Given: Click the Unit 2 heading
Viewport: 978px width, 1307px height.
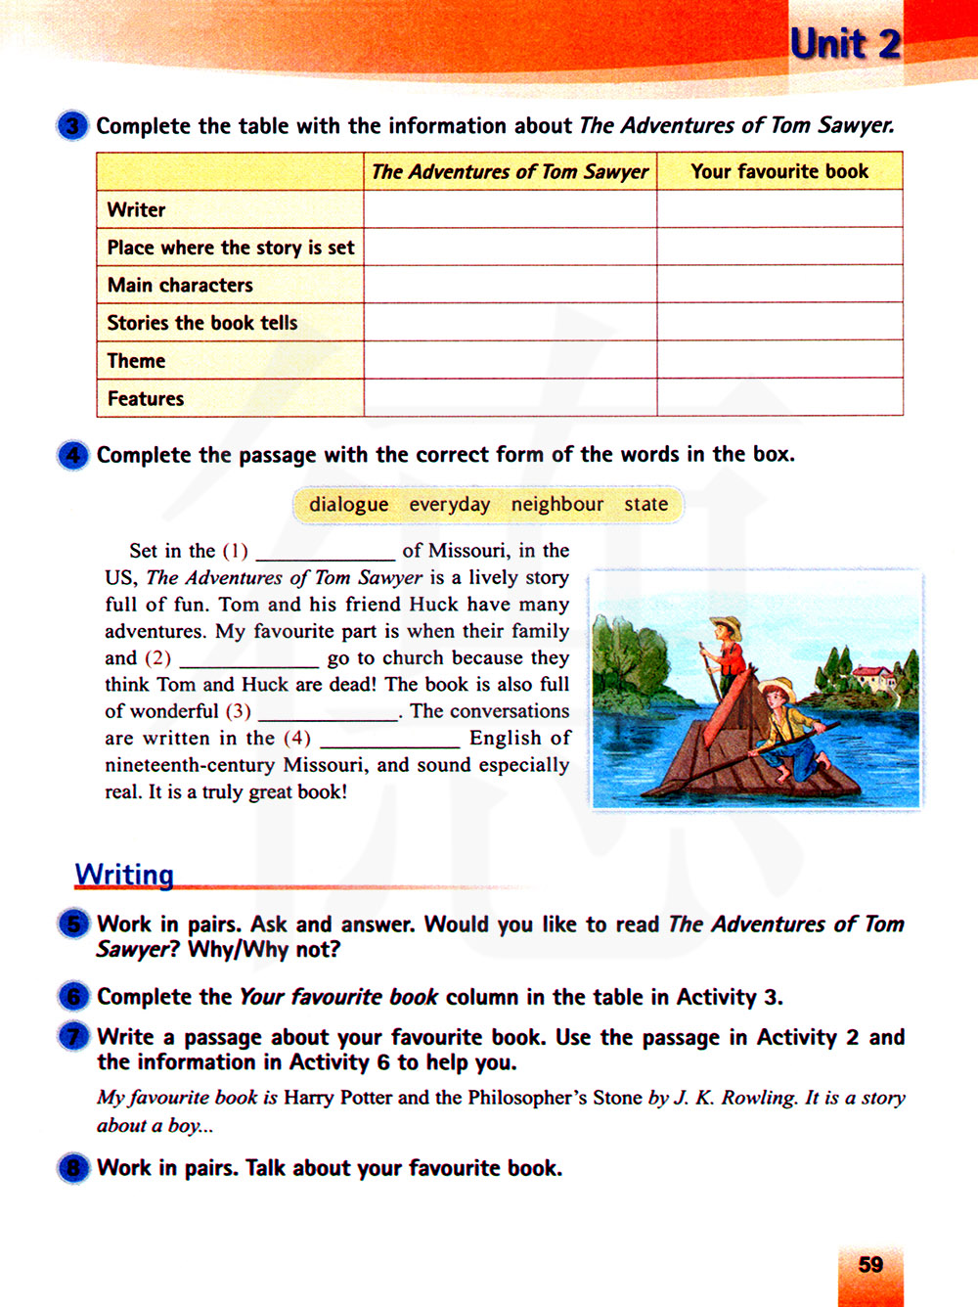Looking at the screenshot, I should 845,44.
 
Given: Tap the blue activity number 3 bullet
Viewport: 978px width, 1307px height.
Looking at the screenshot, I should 72,126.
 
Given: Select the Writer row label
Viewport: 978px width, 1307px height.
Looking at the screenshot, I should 136,209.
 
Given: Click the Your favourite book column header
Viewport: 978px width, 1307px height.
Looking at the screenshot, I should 778,171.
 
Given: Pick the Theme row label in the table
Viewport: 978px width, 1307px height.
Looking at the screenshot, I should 136,361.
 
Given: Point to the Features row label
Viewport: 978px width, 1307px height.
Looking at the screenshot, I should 146,398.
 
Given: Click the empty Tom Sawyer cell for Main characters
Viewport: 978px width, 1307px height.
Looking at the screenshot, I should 510,285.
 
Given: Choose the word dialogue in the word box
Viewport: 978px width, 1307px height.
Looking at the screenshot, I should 348,505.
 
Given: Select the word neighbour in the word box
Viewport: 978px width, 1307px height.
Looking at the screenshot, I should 556,505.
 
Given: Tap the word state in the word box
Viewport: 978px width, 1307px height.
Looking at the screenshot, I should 645,505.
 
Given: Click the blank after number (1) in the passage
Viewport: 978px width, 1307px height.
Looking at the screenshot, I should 325,552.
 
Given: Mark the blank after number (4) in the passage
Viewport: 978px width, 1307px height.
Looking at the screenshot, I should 389,739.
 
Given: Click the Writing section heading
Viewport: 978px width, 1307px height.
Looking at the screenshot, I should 124,875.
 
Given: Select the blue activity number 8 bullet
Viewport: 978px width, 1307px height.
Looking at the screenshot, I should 72,1169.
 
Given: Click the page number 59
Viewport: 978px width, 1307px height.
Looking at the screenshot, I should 870,1265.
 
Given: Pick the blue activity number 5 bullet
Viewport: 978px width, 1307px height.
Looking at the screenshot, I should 72,924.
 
